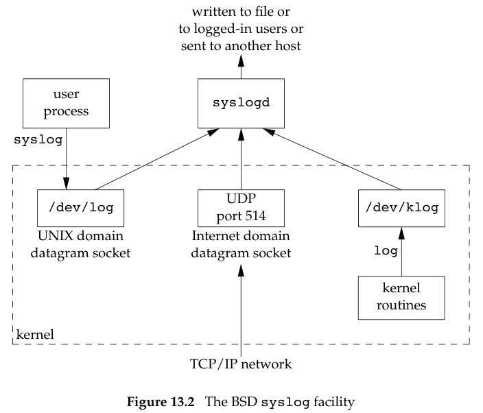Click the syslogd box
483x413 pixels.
(x=241, y=102)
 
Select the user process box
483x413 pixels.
(x=67, y=102)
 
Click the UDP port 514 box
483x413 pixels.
(x=241, y=208)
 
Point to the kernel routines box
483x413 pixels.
(x=401, y=298)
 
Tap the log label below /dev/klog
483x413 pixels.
(x=385, y=251)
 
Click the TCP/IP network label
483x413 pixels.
(x=241, y=364)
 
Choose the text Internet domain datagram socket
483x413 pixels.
(x=241, y=246)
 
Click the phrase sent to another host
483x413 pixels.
(x=241, y=45)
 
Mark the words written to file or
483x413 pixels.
(x=241, y=12)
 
